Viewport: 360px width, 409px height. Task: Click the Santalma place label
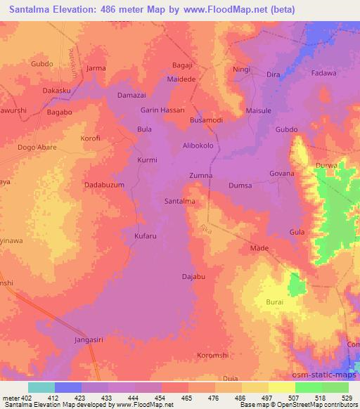179,201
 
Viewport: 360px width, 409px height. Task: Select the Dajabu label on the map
193,276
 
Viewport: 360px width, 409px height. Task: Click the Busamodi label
207,121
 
